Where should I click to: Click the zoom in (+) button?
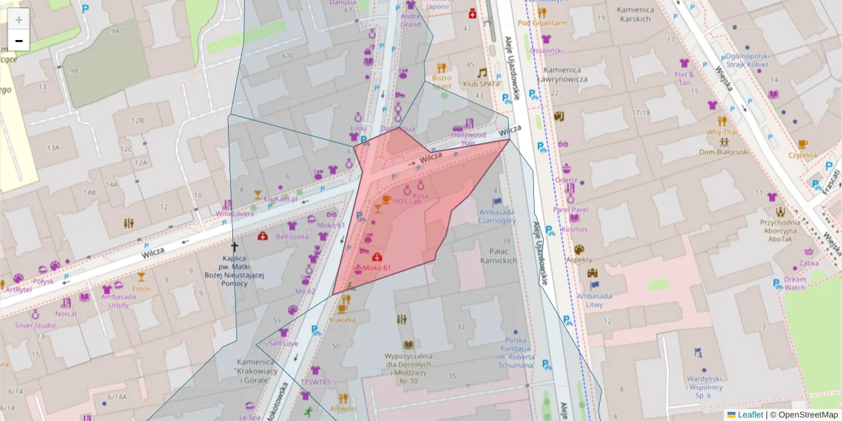19,19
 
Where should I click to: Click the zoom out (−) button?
19,41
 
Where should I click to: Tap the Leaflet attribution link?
749,415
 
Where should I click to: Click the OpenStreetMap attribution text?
807,415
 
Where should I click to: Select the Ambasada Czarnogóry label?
497,215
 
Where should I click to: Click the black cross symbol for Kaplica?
235,247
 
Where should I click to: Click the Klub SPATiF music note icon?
481,73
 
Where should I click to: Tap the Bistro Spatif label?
441,82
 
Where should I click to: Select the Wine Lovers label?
234,213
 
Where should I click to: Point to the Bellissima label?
292,236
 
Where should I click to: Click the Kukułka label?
342,319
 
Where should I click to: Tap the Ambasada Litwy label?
595,300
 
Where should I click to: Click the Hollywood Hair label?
468,138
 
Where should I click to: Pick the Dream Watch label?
795,283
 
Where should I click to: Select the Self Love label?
283,344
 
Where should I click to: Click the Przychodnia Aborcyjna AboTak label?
780,230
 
